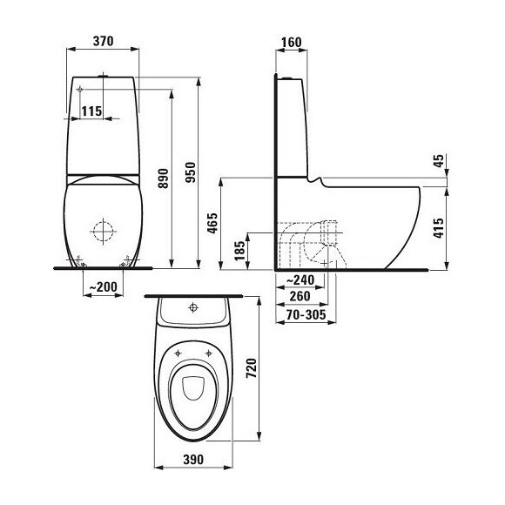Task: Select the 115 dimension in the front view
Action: tap(91, 110)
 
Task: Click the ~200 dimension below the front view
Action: tap(104, 286)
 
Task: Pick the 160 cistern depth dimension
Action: tap(291, 41)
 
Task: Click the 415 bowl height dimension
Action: tap(438, 228)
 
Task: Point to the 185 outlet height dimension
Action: tap(239, 252)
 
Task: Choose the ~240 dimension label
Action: tap(300, 279)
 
